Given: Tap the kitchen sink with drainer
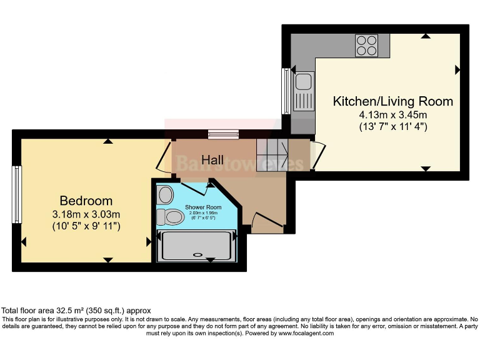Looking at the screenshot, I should coord(304,91).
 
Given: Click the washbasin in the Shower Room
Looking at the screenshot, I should coord(166,194).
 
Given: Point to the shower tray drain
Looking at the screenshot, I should coord(199,255).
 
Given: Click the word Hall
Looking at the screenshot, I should coord(212,161).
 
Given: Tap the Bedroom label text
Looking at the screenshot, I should coord(86,201).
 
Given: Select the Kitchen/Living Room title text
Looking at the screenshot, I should coord(392,101).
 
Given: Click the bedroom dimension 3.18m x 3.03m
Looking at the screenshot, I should coord(86,214).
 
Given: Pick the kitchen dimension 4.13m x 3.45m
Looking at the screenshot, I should coord(392,115).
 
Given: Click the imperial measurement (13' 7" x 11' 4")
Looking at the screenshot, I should coord(392,127).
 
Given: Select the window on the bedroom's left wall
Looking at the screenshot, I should coord(17,194).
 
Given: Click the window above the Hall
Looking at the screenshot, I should coord(223,134).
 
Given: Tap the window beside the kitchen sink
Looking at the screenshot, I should coord(286,91).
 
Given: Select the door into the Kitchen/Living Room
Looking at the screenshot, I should coord(317,156).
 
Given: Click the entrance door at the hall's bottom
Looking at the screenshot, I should coord(266,222).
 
